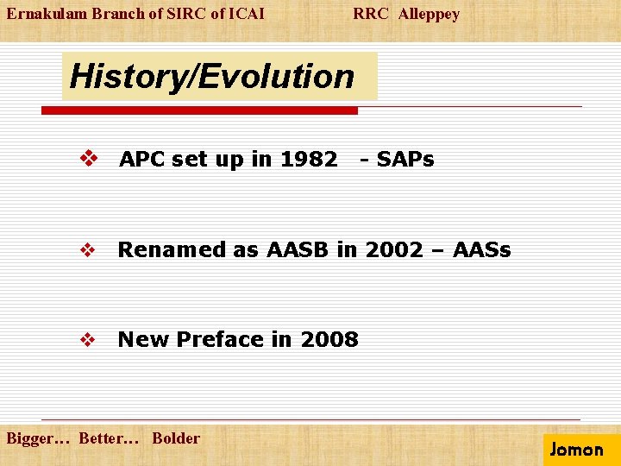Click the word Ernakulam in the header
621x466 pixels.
click(x=47, y=14)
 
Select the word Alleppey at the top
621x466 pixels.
click(x=429, y=15)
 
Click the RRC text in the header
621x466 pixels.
click(x=371, y=14)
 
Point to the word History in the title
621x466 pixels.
click(x=128, y=78)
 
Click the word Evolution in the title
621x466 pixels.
click(x=276, y=76)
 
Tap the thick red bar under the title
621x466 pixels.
click(x=199, y=110)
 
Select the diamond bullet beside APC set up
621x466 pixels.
click(x=89, y=158)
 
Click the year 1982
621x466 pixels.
click(x=309, y=160)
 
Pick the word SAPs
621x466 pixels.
click(x=405, y=160)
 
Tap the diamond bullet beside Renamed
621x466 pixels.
click(x=87, y=249)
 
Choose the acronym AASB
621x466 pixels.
click(x=298, y=249)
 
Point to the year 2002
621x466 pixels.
click(x=394, y=249)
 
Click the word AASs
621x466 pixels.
click(x=481, y=249)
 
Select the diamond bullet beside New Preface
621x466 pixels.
click(x=87, y=340)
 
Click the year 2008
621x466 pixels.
click(x=329, y=340)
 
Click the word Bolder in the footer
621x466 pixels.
click(x=176, y=438)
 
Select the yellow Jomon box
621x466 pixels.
click(x=582, y=450)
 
